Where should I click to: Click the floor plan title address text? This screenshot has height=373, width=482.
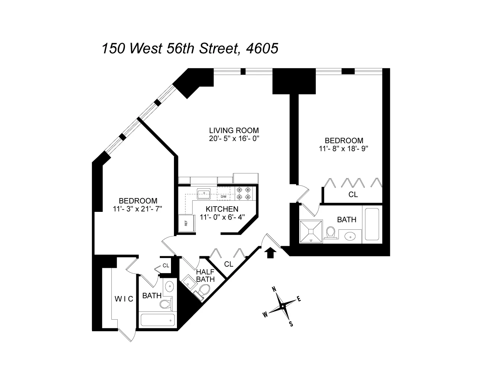pos(190,48)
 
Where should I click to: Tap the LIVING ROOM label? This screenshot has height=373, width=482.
pos(234,131)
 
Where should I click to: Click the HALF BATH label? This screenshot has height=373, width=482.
pos(205,275)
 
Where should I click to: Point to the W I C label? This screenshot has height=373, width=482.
pos(124,299)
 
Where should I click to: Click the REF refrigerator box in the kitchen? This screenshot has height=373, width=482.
pos(185,224)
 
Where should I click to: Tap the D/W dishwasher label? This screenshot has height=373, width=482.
pos(223,197)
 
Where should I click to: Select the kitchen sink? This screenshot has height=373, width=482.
pos(203,193)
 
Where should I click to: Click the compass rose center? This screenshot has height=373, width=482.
pos(283,307)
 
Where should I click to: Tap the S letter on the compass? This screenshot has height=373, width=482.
pos(291,324)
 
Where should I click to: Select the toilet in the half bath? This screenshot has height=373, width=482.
pos(203,291)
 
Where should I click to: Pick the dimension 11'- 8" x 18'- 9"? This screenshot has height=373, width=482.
pos(344,148)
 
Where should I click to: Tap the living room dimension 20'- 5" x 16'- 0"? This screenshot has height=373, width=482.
pos(234,138)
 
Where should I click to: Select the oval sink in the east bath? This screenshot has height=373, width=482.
pos(350,236)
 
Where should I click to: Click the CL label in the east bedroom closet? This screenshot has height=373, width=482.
pos(353,194)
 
